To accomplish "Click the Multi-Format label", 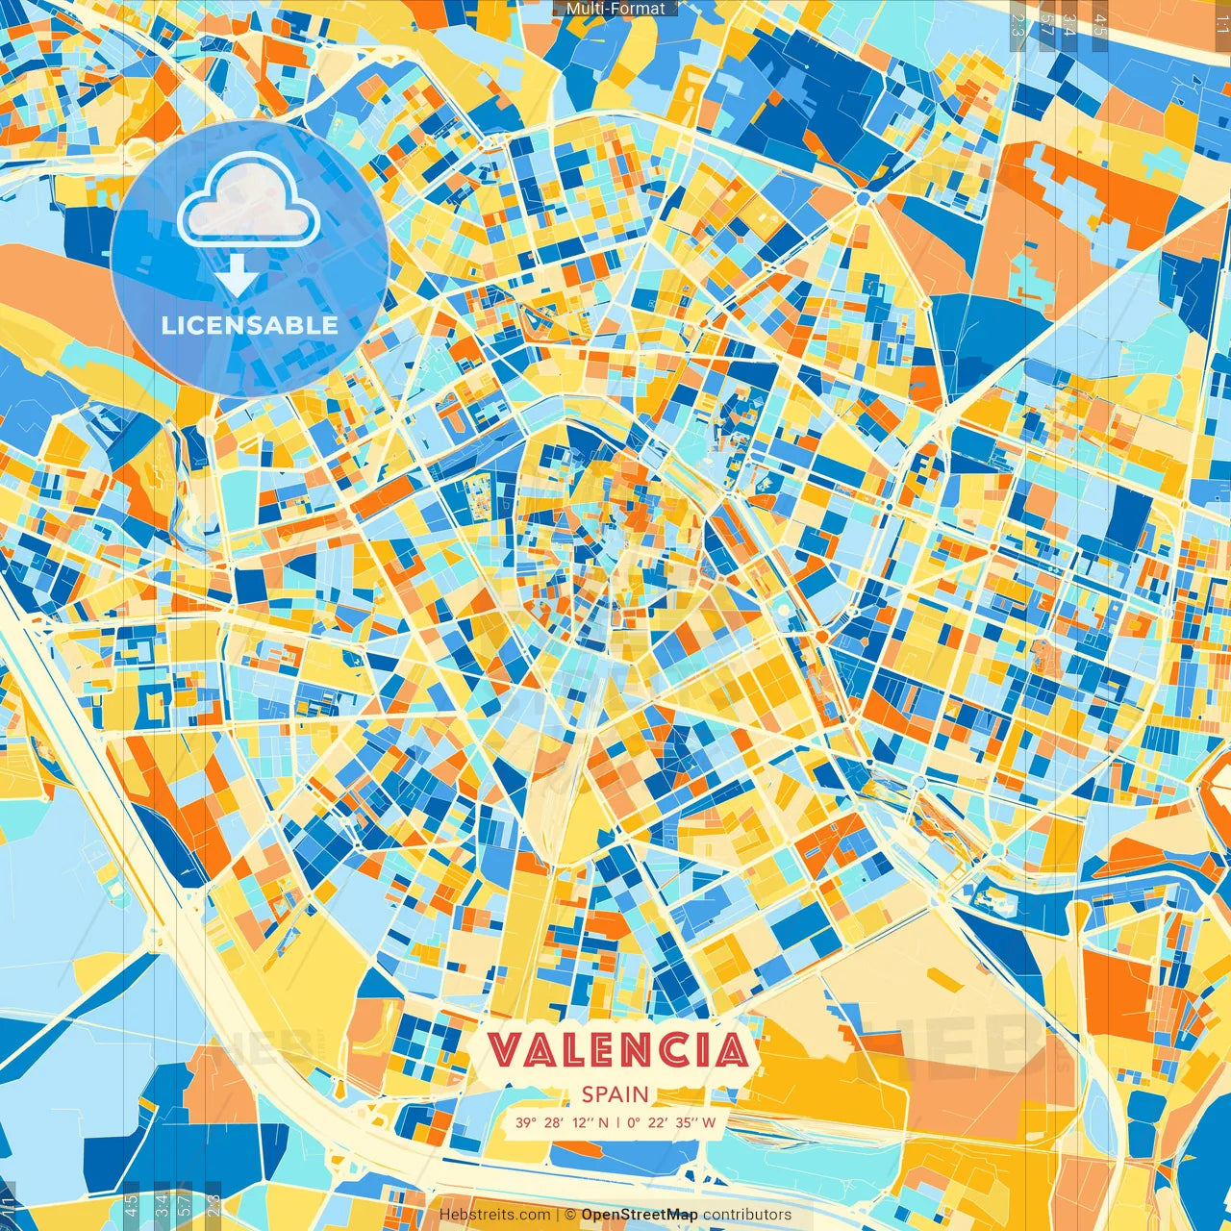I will coord(615,9).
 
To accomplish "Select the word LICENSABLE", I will coord(250,325).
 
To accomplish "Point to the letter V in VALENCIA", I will coord(506,1049).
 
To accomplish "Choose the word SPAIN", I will coord(615,1094).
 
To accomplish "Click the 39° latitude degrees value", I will coord(525,1122).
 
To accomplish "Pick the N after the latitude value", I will coord(603,1122).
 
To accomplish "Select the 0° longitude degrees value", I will coord(634,1122).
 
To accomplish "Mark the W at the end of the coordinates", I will coord(709,1122).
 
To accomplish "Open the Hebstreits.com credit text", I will coord(494,1215).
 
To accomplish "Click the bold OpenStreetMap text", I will coord(640,1215).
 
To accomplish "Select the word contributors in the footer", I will coord(747,1215).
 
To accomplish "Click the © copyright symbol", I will coord(569,1215).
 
